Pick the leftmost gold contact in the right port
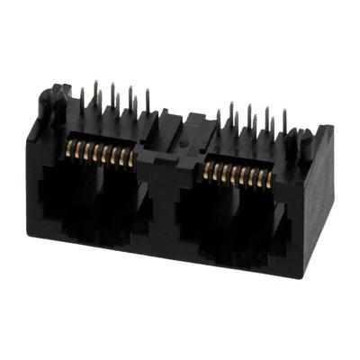click(x=209, y=164)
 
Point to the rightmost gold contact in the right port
click(x=271, y=177)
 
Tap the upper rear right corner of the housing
click(x=331, y=129)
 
